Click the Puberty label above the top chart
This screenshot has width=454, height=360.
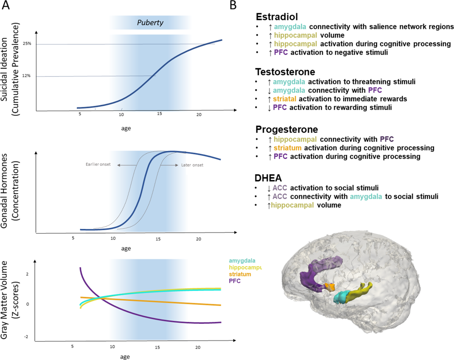150,23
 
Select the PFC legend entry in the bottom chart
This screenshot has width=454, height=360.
235,281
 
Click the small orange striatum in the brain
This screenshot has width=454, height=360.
331,287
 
